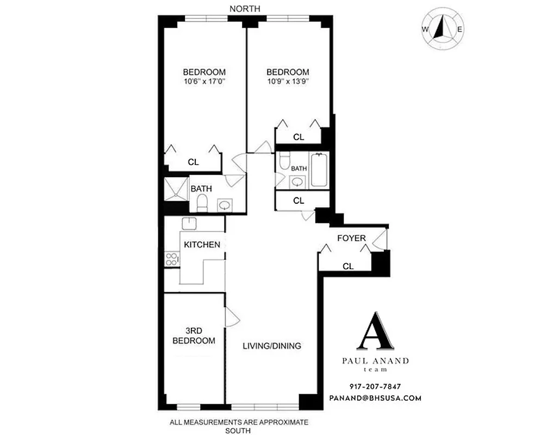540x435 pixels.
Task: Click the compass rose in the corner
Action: coord(443,29)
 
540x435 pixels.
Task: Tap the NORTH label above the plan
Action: coord(245,8)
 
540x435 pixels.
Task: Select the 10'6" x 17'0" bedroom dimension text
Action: coord(204,82)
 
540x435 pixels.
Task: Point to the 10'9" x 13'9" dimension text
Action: coord(288,82)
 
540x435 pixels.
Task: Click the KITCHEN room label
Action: coord(202,245)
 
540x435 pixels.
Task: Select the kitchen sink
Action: coord(189,223)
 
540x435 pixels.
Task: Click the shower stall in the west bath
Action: coord(176,188)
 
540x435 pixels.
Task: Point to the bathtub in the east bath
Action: coord(319,171)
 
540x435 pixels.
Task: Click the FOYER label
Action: coord(351,238)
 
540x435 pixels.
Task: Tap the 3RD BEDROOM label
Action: coord(194,335)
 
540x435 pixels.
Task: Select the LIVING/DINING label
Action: coord(272,346)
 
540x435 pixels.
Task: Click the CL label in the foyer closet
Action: coord(349,266)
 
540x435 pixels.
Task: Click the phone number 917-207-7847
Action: coord(375,387)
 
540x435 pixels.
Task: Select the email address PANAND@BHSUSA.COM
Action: coord(375,398)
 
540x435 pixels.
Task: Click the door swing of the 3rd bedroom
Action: coord(231,317)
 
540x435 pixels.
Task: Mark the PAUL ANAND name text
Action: coord(375,361)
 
